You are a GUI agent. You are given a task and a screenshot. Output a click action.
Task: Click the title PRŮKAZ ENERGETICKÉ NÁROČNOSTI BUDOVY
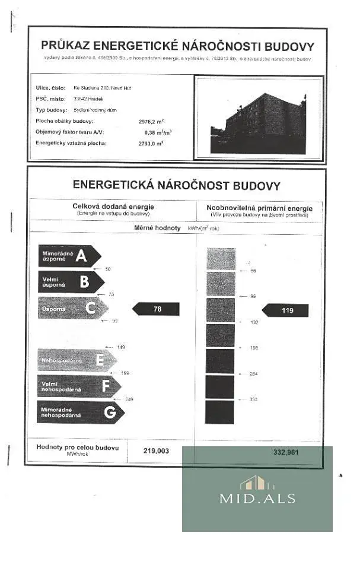tap(177, 46)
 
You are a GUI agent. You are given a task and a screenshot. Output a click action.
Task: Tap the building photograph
tap(259, 119)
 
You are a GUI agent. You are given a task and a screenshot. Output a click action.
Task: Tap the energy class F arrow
tap(78, 386)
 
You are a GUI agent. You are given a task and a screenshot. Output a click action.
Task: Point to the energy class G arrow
tap(79, 411)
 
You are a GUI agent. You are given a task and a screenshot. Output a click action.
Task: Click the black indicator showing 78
tap(155, 309)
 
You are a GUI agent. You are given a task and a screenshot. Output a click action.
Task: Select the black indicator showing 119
tap(286, 310)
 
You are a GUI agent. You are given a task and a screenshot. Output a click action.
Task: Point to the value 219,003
tap(156, 451)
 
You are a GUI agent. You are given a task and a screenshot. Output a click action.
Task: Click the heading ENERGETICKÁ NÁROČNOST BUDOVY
tap(176, 185)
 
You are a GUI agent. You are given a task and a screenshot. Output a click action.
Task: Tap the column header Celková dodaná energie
tap(113, 207)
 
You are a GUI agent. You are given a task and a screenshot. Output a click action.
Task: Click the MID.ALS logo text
tap(257, 499)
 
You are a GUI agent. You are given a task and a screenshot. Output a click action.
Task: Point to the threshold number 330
tap(253, 399)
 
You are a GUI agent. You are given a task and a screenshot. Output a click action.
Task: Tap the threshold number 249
tap(129, 399)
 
